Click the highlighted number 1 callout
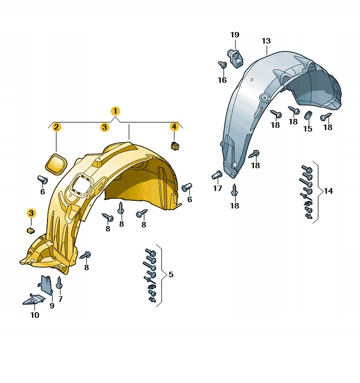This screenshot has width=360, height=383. tap(115, 111)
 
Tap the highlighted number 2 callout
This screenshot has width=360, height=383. tap(56, 127)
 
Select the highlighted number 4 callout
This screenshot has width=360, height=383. tap(174, 127)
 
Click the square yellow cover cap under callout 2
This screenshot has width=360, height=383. tap(56, 164)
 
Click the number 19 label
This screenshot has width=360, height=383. tap(235, 35)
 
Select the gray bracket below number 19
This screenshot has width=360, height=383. tap(235, 58)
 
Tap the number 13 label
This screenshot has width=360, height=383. tap(266, 41)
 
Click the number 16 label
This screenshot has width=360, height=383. tap(222, 80)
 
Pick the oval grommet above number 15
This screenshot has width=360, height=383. tap(308, 115)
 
